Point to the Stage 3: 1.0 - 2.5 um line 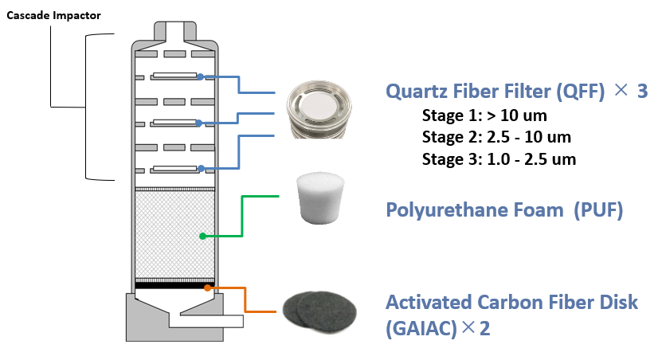[499, 158]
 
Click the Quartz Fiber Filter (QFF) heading [494, 92]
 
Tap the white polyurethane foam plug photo [318, 198]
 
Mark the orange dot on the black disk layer [209, 287]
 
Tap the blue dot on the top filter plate [202, 77]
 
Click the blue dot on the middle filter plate [202, 123]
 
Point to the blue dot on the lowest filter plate [202, 168]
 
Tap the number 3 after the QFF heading [642, 92]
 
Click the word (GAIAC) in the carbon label [419, 327]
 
